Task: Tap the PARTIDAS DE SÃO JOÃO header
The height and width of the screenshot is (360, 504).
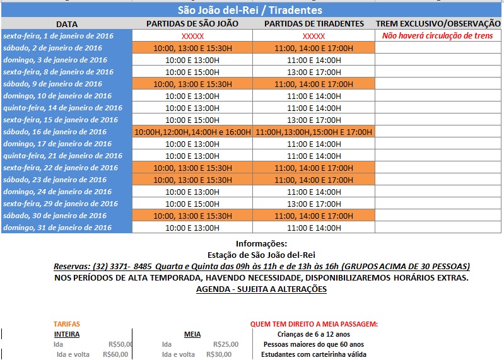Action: click(192, 24)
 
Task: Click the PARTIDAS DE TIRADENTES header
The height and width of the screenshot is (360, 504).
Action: click(314, 24)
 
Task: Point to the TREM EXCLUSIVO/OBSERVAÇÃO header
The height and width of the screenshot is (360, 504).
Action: click(438, 24)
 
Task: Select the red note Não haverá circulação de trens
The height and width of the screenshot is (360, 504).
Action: click(438, 36)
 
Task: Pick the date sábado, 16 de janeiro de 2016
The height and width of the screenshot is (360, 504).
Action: click(55, 132)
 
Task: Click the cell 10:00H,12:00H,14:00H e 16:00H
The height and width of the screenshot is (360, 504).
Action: click(192, 132)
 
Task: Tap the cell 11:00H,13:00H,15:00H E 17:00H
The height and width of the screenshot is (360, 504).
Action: click(314, 132)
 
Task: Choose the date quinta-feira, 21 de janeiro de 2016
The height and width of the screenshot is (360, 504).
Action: click(62, 156)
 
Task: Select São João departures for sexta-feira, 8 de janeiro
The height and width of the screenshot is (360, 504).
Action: click(192, 72)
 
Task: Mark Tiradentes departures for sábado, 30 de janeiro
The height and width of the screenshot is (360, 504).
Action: click(314, 216)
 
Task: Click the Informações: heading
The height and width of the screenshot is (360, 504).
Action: click(261, 244)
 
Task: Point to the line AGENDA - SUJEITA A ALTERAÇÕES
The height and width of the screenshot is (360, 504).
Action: click(261, 289)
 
